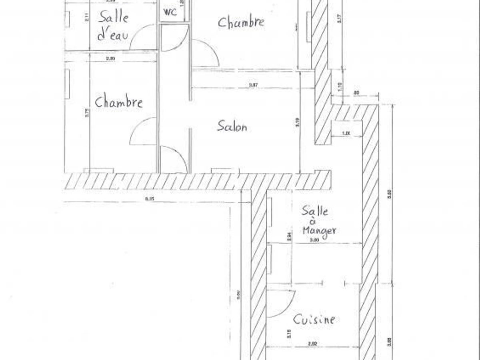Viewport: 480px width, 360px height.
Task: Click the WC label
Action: [170, 12]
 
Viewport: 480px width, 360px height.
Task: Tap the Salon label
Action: [232, 126]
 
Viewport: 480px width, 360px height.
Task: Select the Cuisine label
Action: [314, 320]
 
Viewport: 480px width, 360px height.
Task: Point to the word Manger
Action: [319, 231]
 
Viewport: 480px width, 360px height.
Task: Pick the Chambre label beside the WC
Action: [241, 22]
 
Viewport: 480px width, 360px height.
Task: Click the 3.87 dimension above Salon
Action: [252, 85]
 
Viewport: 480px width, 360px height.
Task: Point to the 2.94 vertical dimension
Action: [289, 236]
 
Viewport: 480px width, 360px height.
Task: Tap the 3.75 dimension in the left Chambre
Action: [87, 114]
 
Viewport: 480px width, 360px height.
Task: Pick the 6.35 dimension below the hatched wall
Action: [149, 198]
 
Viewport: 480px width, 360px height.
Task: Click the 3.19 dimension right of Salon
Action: [297, 126]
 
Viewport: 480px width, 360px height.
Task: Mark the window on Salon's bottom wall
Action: [225, 171]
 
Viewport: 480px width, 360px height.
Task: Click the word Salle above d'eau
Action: [114, 17]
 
